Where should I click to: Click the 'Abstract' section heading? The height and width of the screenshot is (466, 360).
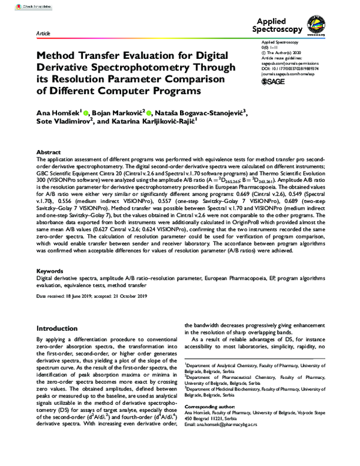49,153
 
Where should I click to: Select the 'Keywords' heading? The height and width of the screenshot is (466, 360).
50,271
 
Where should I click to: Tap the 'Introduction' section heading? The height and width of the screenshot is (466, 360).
61,328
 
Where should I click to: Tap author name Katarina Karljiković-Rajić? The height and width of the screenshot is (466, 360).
153,121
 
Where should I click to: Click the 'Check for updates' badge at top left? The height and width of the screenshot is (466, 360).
21,6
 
